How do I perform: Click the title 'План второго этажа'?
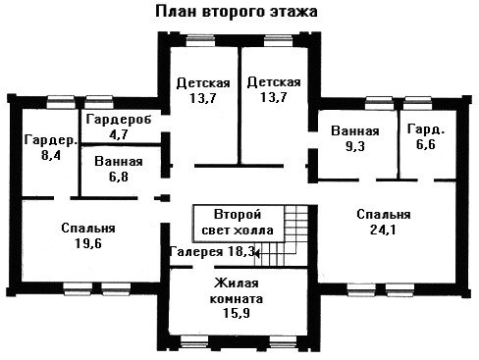tap(237, 12)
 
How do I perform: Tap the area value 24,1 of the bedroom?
tap(383, 230)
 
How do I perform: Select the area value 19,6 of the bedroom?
tap(88, 243)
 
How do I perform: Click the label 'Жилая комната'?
tap(237, 290)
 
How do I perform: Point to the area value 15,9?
tap(237, 313)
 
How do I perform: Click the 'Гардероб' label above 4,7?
tap(119, 120)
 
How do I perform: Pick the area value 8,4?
tap(51, 155)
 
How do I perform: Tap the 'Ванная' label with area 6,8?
tap(119, 162)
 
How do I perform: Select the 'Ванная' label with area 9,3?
tap(355, 130)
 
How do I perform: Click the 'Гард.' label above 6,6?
tap(426, 129)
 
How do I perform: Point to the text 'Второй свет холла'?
tap(238, 223)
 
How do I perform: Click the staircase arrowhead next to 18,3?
tap(257, 253)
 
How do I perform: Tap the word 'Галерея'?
tap(196, 251)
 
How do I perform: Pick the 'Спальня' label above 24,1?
tap(384, 215)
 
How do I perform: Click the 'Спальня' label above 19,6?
tap(88, 228)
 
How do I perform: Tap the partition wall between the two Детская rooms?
tap(239, 106)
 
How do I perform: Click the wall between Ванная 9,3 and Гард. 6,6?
tap(399, 145)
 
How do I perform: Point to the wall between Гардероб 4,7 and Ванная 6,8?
tap(121, 144)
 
